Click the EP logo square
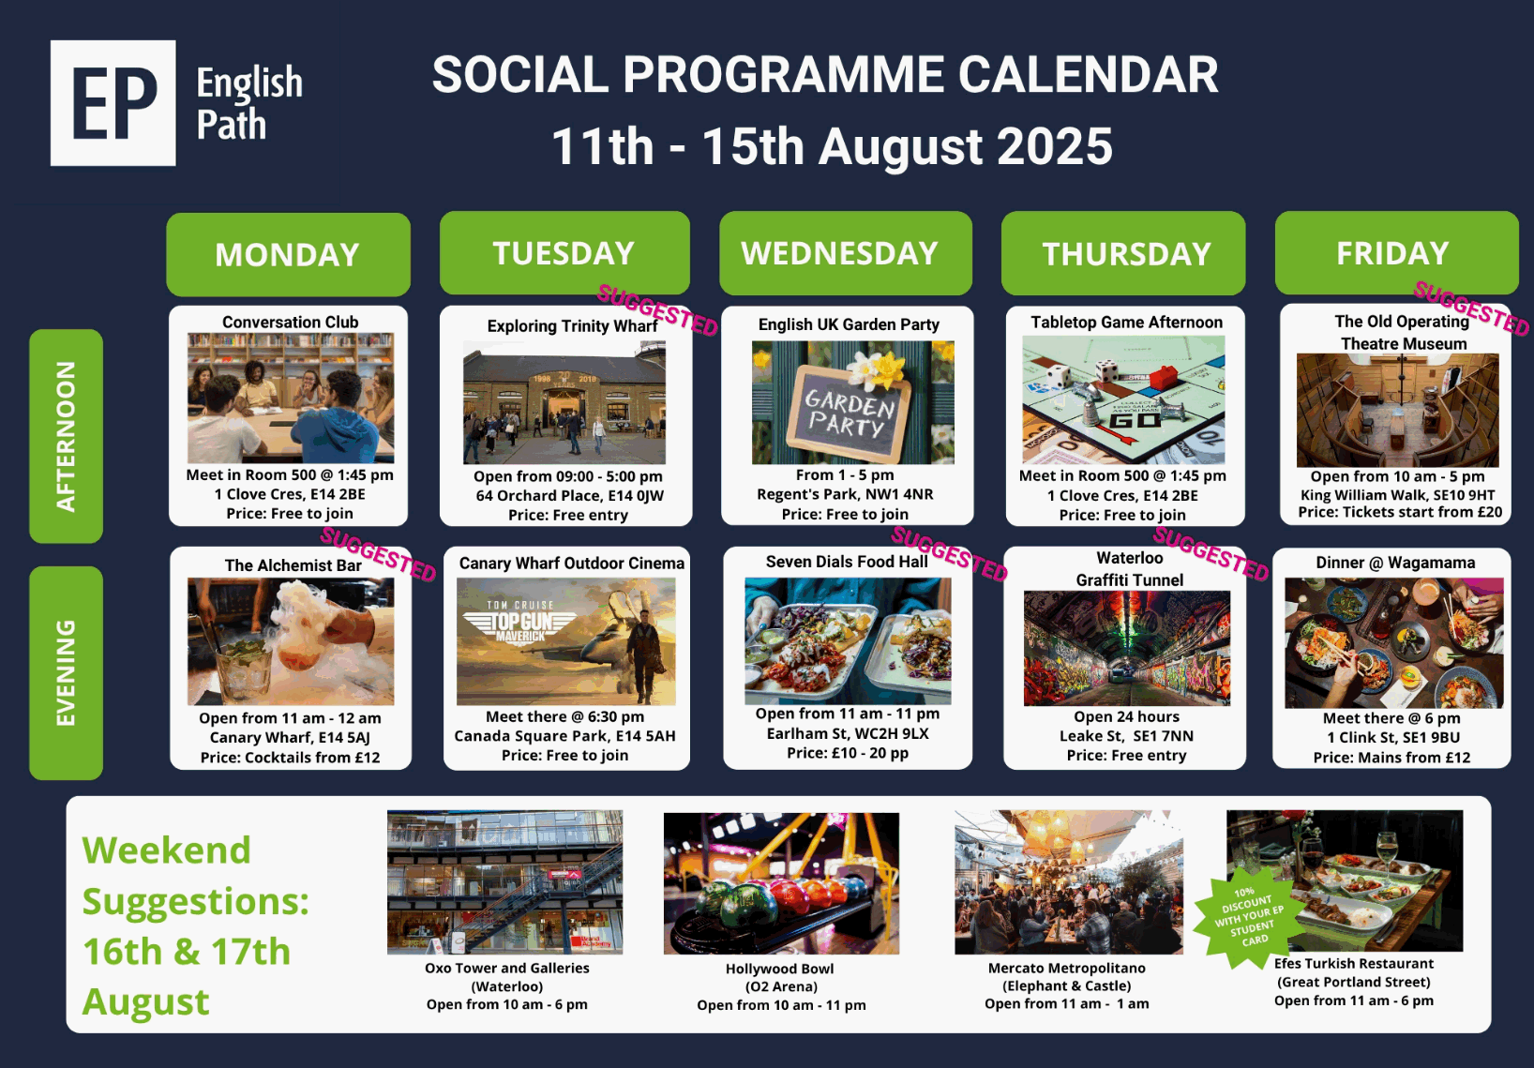113,103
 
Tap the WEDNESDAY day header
846,253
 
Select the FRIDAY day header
1396,253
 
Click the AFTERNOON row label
66,436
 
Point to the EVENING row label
66,673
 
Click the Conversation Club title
291,322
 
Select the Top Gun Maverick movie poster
566,641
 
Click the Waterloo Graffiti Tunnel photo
1126,648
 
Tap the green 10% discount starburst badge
1250,917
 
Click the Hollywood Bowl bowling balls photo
781,883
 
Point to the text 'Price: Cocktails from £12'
291,758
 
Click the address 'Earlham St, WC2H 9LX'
848,734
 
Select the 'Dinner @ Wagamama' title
1395,563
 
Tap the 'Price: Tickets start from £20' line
1401,512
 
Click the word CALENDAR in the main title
1089,75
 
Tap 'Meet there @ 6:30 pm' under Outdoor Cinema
565,716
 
